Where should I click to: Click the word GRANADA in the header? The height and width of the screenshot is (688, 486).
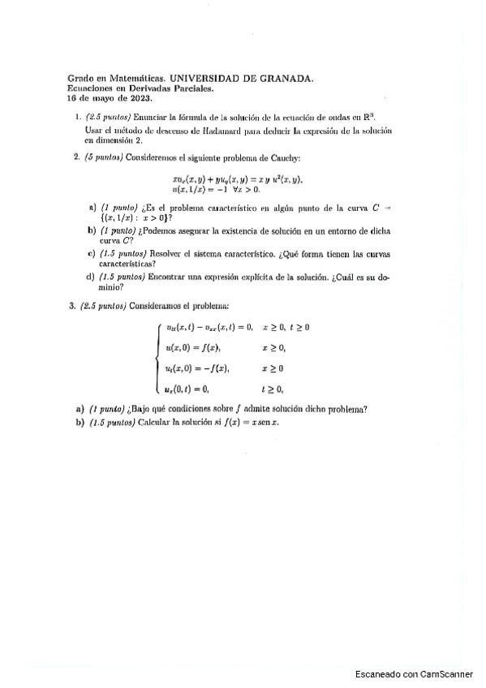pos(285,79)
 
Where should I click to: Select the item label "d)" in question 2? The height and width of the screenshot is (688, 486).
pos(90,277)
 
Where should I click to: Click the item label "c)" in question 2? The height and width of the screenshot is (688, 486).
pos(90,253)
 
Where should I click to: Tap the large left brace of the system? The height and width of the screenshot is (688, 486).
pos(157,358)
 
